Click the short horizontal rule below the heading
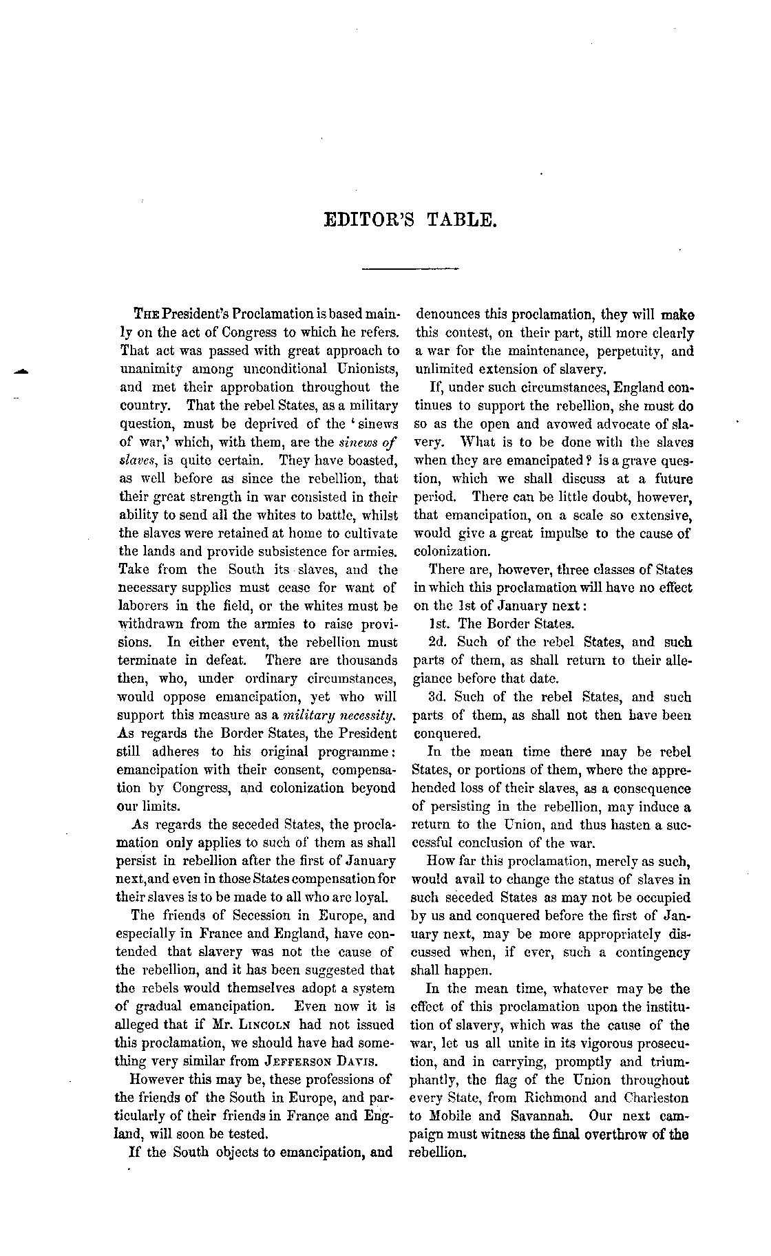point(410,268)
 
